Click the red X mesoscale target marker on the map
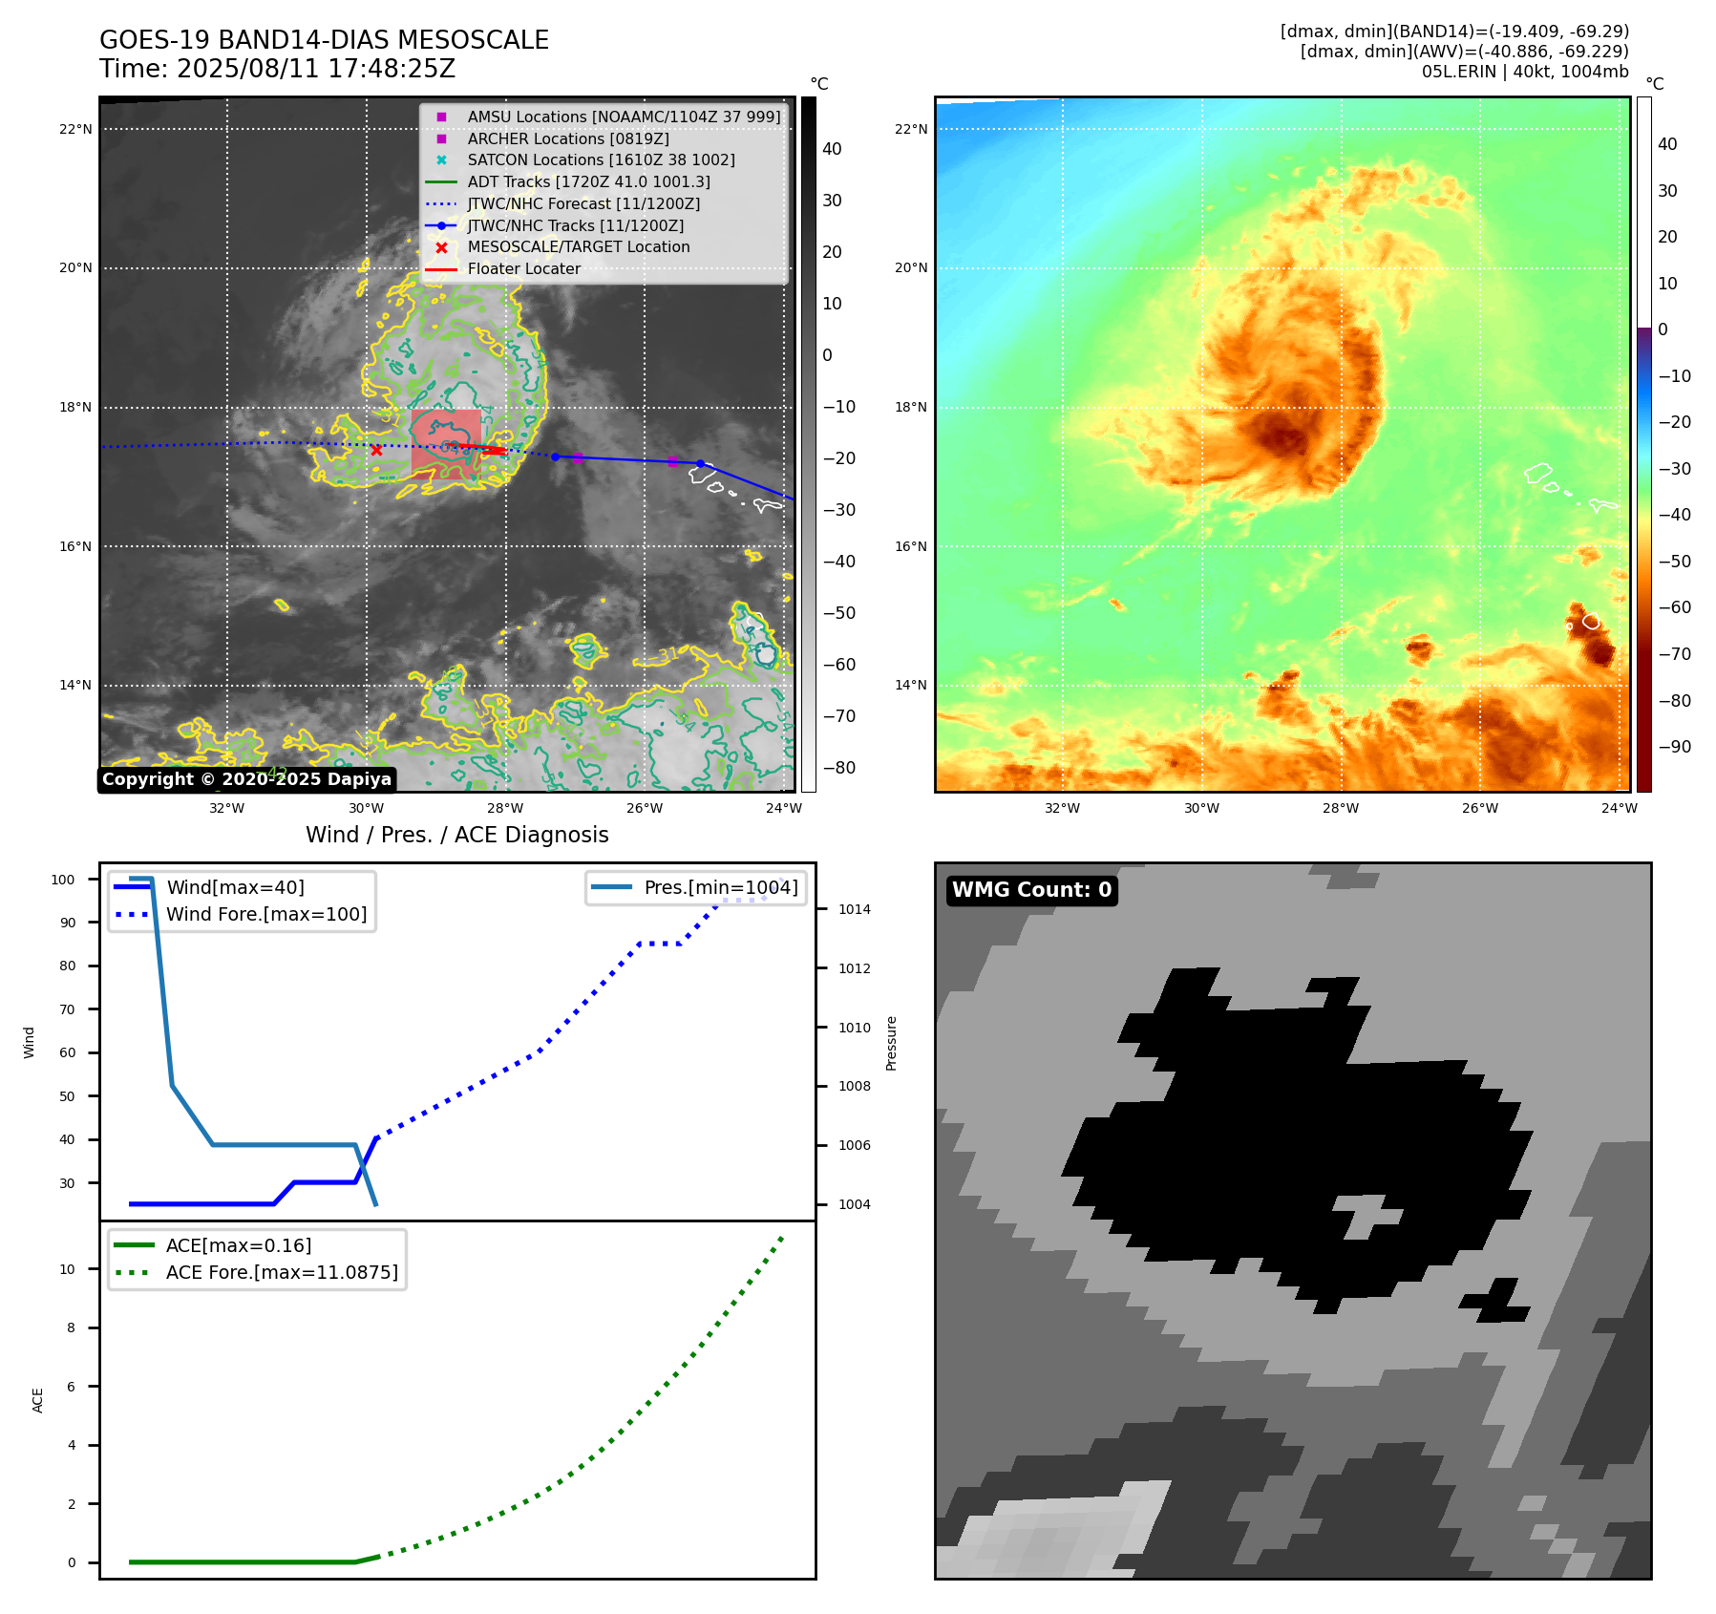pos(376,450)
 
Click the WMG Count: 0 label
pos(1031,890)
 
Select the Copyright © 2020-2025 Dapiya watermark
pos(246,779)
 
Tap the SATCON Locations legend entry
pos(601,160)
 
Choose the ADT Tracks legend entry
pos(588,181)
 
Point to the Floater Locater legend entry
pos(523,269)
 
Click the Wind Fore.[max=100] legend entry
pos(266,914)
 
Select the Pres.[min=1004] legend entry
pos(720,887)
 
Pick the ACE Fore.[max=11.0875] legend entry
pos(282,1272)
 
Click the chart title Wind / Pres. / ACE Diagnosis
pos(456,835)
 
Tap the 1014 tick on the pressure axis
pos(854,909)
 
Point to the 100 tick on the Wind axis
pos(63,880)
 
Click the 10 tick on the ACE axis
pos(67,1269)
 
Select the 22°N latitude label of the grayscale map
pos(75,129)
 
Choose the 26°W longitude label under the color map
pos(1479,808)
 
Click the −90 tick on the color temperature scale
pos(1673,747)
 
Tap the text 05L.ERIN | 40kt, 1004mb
pos(1524,72)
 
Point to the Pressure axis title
pos(891,1043)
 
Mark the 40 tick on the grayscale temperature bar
pos(832,149)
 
